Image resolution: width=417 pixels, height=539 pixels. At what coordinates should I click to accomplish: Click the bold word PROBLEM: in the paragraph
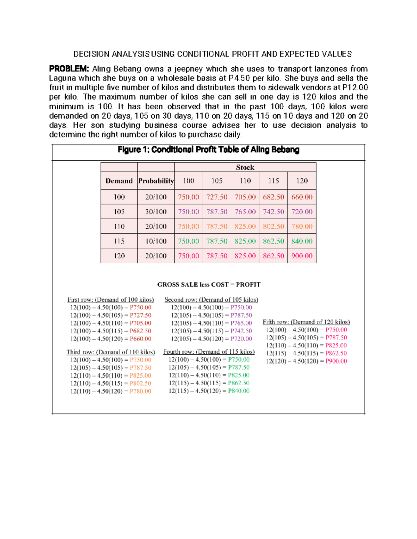coord(69,69)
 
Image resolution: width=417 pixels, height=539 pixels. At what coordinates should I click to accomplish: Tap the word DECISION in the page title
coord(91,54)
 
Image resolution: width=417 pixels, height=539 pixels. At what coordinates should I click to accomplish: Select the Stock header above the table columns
coord(245,167)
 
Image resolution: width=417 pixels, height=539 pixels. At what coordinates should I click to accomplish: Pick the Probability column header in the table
coord(156,181)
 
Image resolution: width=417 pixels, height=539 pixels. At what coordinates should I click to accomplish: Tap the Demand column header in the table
coord(119,181)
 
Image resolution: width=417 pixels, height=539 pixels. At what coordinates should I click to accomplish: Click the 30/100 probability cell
coord(156,212)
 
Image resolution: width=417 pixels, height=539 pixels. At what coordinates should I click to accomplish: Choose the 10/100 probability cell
coord(156,241)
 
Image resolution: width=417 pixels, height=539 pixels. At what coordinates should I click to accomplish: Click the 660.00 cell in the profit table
coord(302,197)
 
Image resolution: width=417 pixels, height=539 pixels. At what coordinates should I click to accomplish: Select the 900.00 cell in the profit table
coord(302,256)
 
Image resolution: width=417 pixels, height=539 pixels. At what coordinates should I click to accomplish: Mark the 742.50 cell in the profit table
coord(273,212)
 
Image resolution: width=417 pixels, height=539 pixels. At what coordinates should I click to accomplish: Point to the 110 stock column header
coord(245,181)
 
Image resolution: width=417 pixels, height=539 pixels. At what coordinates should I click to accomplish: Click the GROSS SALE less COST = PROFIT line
coord(208,285)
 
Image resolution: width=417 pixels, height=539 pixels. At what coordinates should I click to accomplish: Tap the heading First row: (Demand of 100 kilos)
coord(111,300)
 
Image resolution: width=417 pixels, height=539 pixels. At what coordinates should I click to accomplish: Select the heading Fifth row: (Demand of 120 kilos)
coord(306,322)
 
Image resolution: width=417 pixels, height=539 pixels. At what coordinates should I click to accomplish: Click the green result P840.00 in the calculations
coord(239,391)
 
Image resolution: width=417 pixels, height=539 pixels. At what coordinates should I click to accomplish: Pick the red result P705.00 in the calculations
coord(140,323)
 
